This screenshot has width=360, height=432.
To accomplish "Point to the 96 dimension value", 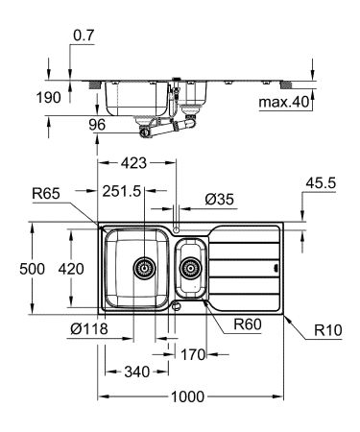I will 97,123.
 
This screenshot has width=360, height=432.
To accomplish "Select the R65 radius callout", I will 46,193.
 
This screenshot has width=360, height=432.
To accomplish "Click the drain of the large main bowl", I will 144,267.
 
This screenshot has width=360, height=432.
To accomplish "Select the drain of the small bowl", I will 190,268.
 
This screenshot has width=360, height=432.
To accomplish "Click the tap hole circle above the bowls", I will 178,226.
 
